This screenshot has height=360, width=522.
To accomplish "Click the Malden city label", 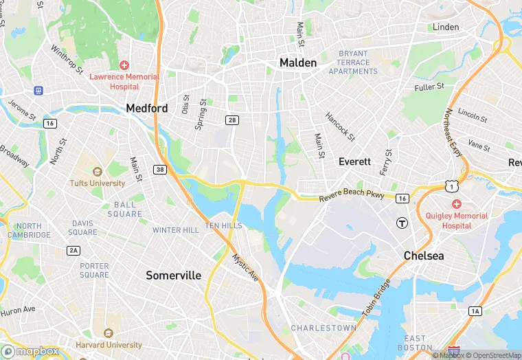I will tap(298, 63).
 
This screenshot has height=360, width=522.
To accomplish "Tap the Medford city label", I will tap(146, 109).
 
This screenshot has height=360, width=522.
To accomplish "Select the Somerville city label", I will tap(174, 275).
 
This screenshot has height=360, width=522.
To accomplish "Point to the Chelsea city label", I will tap(423, 256).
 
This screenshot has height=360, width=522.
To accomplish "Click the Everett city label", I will tap(354, 161).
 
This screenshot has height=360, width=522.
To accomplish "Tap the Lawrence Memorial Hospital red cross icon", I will tap(124, 65).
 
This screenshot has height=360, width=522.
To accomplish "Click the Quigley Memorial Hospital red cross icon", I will tap(456, 205).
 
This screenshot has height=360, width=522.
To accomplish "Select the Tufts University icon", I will tap(97, 172).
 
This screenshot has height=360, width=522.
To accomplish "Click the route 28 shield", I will tap(231, 120).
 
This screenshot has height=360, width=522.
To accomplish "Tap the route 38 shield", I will tap(160, 170).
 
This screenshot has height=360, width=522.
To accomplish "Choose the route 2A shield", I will tap(73, 250).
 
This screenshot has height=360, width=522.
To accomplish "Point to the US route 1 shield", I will tap(451, 186).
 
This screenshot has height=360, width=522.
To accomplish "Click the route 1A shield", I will tap(475, 311).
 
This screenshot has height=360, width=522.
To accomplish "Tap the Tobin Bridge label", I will tap(376, 297).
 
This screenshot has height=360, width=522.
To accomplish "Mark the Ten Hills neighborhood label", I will tap(223, 226).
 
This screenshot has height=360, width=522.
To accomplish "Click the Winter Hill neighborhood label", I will tap(175, 230).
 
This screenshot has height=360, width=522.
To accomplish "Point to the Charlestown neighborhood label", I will tap(324, 328).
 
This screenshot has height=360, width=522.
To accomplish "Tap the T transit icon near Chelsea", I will tap(402, 223).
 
